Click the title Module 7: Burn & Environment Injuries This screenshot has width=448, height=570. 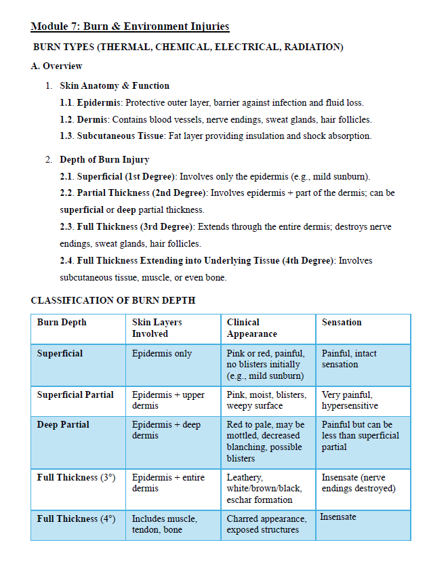130,27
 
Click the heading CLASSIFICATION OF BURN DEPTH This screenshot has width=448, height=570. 113,300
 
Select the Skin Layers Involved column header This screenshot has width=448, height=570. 157,328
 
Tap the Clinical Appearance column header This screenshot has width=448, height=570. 251,328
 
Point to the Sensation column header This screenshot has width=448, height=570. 342,323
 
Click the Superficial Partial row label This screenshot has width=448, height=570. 75,394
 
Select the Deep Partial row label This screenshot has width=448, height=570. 63,424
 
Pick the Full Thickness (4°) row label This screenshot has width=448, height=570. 76,518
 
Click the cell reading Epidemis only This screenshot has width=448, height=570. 162,353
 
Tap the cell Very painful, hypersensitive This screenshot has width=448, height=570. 347,400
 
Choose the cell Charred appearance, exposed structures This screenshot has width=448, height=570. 266,524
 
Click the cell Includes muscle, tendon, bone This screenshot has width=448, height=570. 165,524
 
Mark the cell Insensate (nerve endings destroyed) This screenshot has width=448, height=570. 358,483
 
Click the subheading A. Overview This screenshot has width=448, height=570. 57,66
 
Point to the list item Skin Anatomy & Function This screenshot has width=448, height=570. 115,86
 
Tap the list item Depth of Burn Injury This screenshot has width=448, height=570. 104,160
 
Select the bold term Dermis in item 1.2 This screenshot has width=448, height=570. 92,119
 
